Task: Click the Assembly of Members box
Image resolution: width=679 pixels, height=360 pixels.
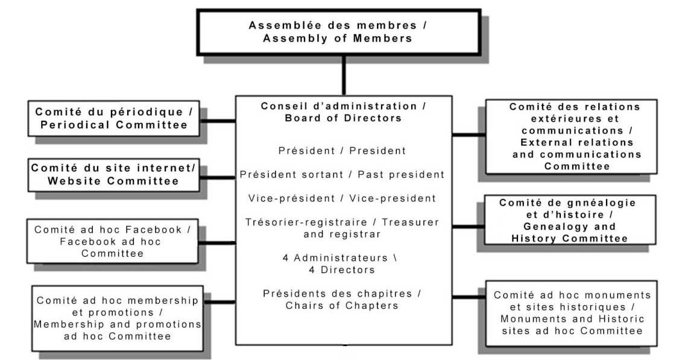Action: [x=339, y=33]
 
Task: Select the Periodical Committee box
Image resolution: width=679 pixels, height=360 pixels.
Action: [x=113, y=118]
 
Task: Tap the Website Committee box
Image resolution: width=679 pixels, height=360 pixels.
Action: [x=113, y=175]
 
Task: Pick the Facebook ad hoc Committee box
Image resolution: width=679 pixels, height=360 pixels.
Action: [x=113, y=241]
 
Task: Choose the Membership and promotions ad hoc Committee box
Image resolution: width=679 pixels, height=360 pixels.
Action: [x=118, y=318]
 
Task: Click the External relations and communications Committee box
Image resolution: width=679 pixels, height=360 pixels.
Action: [x=571, y=136]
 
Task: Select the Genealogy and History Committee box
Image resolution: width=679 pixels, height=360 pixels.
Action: [x=570, y=220]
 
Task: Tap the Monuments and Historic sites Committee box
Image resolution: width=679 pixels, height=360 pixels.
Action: [x=572, y=313]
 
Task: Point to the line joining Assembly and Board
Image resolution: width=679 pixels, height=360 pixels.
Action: [x=344, y=76]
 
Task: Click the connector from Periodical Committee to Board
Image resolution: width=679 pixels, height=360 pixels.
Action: [x=218, y=121]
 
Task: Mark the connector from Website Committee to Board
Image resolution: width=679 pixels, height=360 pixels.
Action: [x=218, y=178]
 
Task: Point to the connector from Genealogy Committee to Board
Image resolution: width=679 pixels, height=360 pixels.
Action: [x=468, y=227]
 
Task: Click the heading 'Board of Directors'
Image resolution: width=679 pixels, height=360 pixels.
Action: [x=343, y=118]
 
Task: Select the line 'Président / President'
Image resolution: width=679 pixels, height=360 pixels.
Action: [x=342, y=151]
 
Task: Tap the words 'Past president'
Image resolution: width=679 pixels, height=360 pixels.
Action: [x=401, y=175]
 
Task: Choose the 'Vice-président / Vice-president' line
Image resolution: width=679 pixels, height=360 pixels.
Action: [x=342, y=198]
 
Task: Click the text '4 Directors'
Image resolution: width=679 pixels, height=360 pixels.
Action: [x=342, y=270]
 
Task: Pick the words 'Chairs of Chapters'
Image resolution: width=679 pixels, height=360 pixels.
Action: [x=342, y=305]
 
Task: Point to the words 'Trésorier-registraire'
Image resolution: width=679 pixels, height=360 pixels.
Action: [x=306, y=223]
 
